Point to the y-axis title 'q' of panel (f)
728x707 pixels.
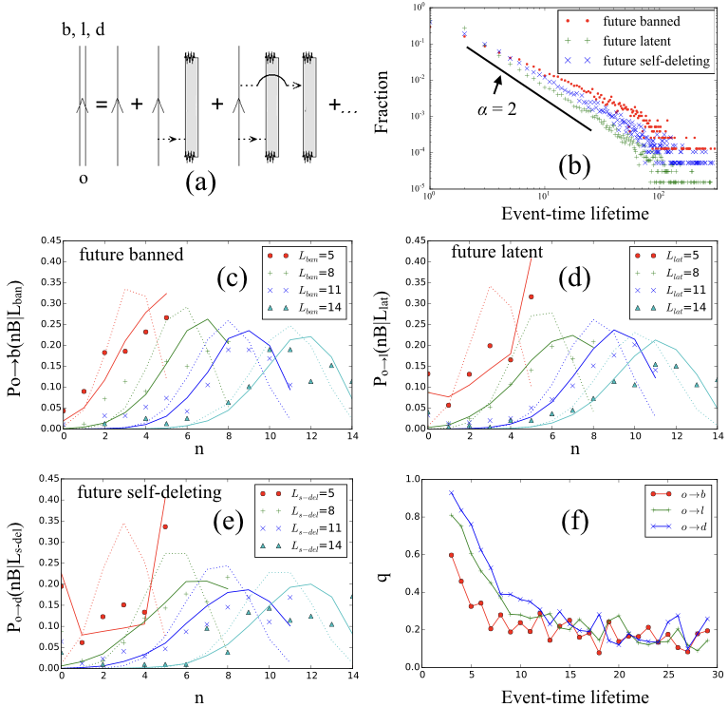point(389,571)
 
